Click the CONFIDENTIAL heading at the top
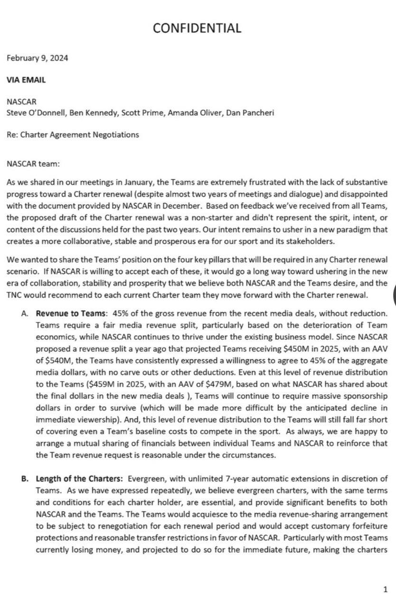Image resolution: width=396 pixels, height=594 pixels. [198, 28]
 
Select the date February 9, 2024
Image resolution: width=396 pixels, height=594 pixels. [38, 58]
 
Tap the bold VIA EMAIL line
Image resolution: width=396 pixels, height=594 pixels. [27, 80]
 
